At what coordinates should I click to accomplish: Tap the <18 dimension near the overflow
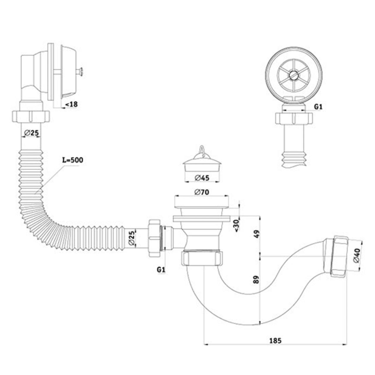(71, 104)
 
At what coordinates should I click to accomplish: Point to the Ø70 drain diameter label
(202, 192)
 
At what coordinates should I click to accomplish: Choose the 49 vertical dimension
(257, 234)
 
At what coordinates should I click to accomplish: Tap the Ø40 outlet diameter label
(357, 258)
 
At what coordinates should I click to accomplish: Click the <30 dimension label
(236, 226)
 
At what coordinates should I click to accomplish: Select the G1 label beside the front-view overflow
(318, 107)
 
